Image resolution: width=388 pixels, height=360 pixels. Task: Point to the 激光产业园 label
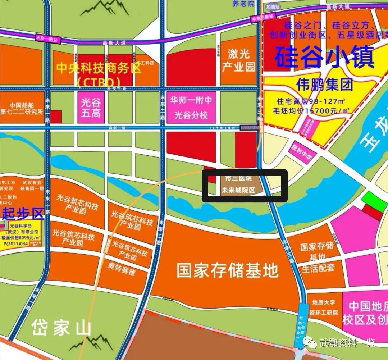(238, 60)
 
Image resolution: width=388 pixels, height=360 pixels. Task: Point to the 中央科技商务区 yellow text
(99, 69)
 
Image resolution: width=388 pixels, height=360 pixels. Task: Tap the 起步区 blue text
(22, 213)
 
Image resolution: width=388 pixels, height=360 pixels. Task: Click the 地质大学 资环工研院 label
(325, 308)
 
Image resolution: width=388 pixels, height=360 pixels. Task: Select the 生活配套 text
(318, 268)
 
